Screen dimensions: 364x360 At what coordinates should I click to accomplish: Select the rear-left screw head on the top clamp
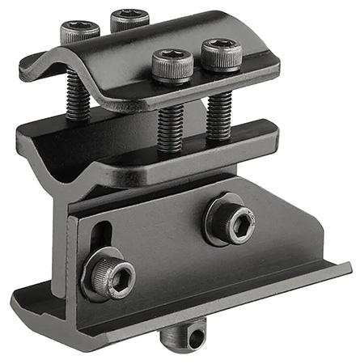point(79,32)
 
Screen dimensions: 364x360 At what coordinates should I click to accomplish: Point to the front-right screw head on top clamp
point(222,53)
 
